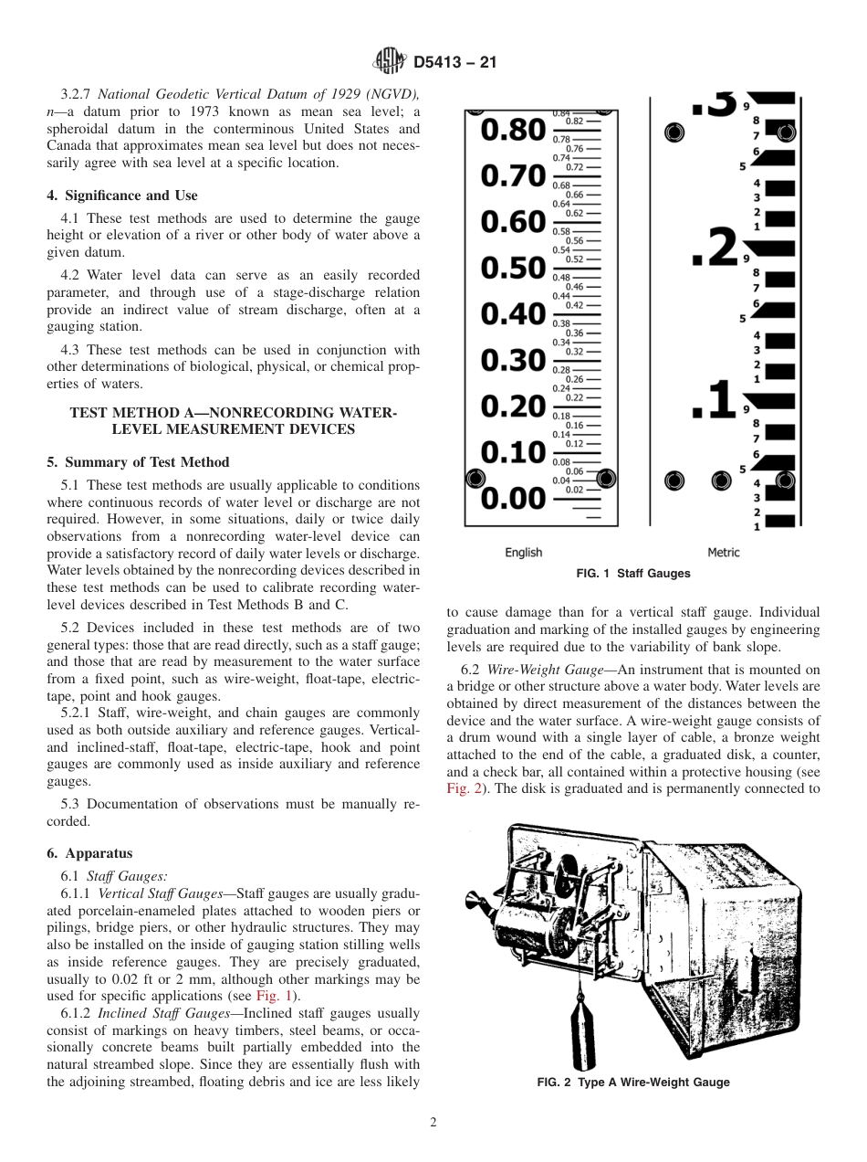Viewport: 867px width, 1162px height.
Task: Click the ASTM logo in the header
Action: [x=391, y=63]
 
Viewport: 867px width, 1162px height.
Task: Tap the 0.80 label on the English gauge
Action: [x=513, y=131]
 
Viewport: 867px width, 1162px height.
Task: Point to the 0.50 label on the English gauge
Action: [x=513, y=269]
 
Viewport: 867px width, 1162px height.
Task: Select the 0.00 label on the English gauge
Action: [x=513, y=499]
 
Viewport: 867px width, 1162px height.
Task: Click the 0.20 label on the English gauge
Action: [x=513, y=407]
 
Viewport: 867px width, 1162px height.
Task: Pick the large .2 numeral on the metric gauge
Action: [x=714, y=248]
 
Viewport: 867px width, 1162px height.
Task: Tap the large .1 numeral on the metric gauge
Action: [x=714, y=402]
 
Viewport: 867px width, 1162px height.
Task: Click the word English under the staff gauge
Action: [x=523, y=552]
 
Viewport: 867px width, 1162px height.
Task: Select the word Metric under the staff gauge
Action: [x=724, y=552]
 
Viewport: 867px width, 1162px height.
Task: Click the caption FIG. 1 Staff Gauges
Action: [x=633, y=574]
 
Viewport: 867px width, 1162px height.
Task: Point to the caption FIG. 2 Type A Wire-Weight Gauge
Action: [x=633, y=1083]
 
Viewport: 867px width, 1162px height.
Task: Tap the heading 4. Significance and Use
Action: [x=122, y=195]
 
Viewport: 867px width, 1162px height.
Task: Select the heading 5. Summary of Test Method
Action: [x=138, y=462]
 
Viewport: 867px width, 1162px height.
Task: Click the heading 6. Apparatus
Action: [x=89, y=853]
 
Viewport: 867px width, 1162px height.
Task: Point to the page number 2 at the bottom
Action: [x=433, y=1123]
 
